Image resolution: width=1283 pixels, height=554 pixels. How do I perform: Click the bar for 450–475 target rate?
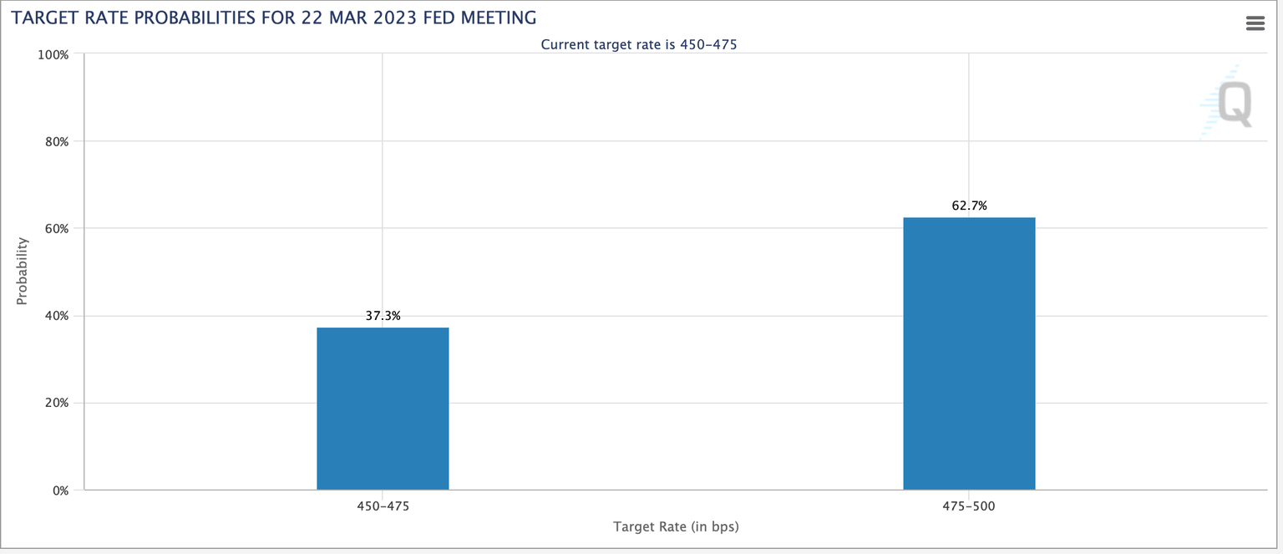point(383,409)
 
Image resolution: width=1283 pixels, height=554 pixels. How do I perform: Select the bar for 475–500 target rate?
point(969,353)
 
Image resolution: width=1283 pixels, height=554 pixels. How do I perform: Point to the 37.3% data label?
point(383,316)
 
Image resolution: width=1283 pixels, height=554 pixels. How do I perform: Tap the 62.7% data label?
point(969,206)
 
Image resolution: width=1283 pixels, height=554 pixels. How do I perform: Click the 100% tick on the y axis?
point(55,54)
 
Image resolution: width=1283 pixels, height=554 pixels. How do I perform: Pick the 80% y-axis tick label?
point(58,141)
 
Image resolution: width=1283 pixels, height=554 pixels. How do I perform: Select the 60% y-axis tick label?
point(58,229)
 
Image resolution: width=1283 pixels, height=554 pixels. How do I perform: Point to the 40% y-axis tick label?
point(58,316)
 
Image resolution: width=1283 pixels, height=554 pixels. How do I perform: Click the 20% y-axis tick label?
point(58,403)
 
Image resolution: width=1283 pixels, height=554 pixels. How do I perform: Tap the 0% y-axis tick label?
point(60,490)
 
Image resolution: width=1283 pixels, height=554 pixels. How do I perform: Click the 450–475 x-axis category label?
point(383,506)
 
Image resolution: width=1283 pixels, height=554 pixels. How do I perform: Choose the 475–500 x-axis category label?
point(969,506)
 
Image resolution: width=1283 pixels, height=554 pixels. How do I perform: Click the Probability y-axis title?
point(23,271)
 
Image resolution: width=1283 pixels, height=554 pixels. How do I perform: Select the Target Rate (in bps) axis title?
point(676,526)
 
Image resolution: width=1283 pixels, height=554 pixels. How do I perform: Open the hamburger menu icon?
point(1255,23)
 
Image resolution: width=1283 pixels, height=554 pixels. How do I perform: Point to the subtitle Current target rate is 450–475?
point(639,44)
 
